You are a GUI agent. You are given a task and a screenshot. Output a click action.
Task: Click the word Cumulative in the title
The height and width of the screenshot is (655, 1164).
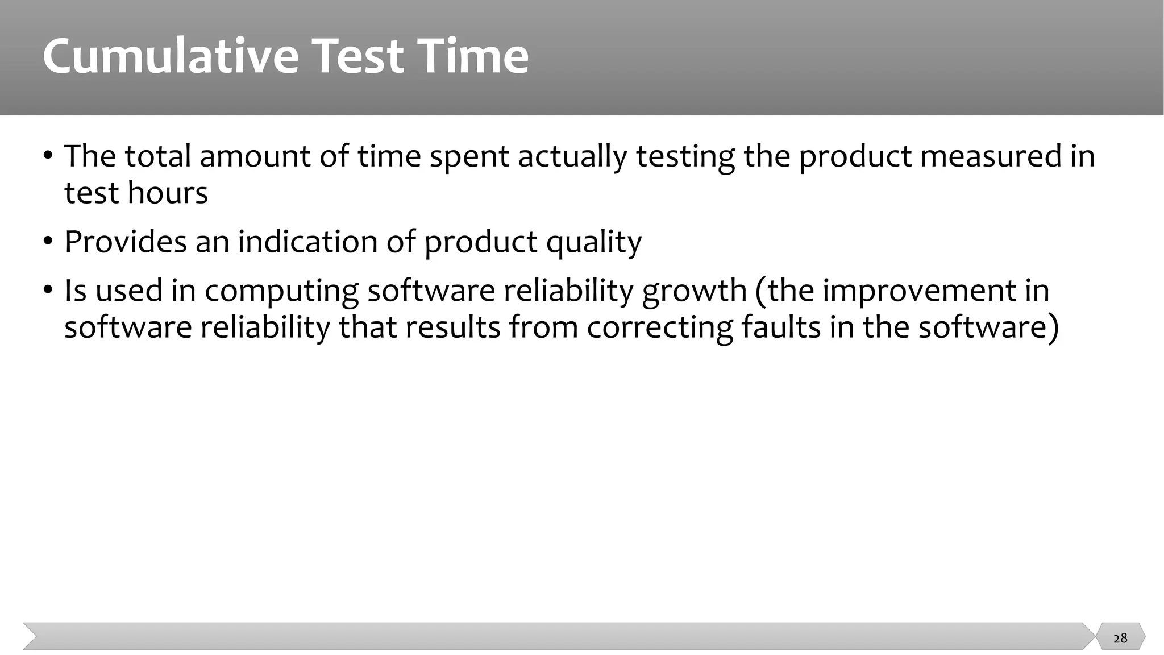171,56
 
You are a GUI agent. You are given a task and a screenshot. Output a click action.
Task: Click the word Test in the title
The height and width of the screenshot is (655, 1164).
358,56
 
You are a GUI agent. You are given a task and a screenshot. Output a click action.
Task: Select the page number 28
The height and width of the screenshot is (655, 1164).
1120,638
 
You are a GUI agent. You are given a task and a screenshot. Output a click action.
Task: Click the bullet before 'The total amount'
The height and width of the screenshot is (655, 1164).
48,155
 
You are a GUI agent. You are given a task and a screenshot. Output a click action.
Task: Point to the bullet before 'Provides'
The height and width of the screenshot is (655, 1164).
48,241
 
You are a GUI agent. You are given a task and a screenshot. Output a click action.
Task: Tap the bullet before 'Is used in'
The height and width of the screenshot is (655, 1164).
48,290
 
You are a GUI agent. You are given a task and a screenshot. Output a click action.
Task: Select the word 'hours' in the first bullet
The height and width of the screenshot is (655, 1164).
168,192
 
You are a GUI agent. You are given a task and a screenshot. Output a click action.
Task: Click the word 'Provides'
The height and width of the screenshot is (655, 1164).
125,241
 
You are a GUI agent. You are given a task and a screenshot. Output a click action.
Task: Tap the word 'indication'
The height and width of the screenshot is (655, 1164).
307,241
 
